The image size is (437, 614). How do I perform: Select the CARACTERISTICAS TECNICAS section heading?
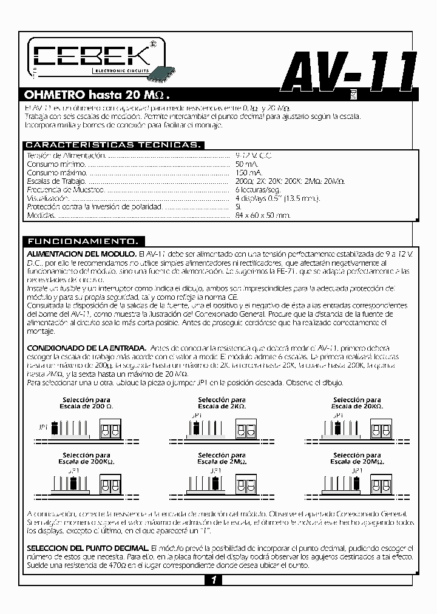pos(113,145)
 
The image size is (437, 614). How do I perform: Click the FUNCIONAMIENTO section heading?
pos(84,240)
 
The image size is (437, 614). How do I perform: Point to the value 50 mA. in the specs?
pos(247,164)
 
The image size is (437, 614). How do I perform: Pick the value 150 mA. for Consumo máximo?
pos(249,173)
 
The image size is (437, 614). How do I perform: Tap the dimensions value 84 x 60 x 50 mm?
pos(263,215)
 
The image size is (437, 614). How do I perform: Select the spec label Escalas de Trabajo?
pos(56,181)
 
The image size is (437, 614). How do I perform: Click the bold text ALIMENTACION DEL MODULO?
pos(81,253)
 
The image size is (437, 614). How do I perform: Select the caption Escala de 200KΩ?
pos(86,461)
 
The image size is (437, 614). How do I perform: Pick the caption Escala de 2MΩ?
pos(221,461)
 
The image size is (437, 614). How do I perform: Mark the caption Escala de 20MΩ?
pos(357,461)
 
